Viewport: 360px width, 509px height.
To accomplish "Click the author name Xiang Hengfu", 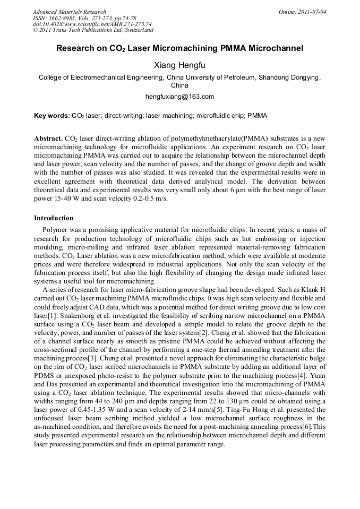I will click(x=179, y=65).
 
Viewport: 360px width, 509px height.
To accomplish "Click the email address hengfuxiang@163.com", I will click(x=179, y=97).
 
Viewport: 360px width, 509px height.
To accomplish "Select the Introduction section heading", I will click(x=54, y=218).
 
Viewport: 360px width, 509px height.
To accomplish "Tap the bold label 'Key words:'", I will click(x=52, y=115).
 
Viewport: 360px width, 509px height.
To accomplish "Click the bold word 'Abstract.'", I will click(x=49, y=137).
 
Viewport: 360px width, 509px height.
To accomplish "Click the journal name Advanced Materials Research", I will click(x=69, y=12).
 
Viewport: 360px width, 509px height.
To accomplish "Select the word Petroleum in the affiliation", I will click(x=237, y=77).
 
